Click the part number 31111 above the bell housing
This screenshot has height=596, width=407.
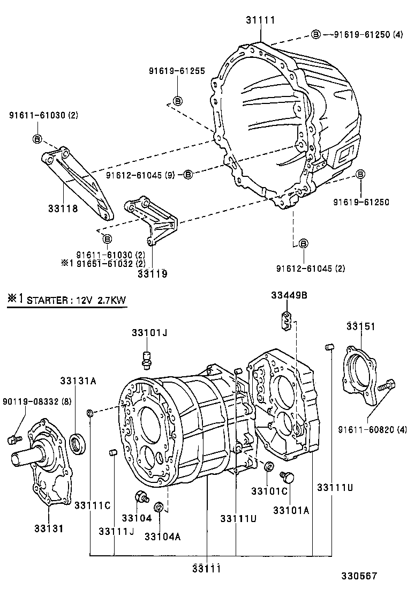(x=261, y=20)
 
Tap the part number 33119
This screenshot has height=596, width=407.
(x=152, y=274)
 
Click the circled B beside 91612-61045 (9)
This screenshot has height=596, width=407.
(x=188, y=174)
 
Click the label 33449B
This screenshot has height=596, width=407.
(x=289, y=295)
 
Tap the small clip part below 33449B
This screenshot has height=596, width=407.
(x=287, y=321)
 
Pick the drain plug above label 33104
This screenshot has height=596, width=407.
(x=142, y=497)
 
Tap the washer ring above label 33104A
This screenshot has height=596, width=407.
(x=159, y=506)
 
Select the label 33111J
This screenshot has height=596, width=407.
(x=116, y=531)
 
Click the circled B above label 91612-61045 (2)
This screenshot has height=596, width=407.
(x=303, y=244)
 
